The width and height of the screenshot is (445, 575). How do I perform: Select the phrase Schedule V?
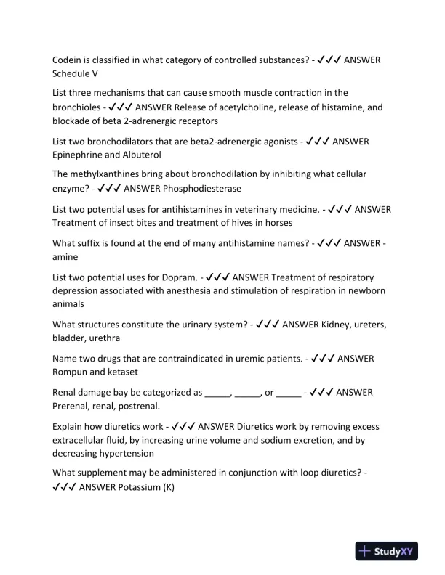click(75, 74)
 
